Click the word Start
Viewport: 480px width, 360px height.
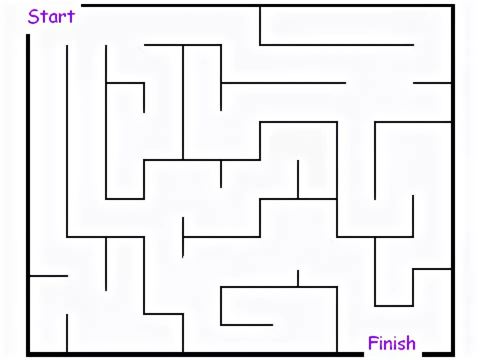click(50, 16)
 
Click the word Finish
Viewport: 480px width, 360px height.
click(391, 343)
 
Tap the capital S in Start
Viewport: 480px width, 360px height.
click(33, 17)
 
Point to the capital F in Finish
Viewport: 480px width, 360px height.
click(373, 343)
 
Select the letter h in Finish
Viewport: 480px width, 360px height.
click(409, 343)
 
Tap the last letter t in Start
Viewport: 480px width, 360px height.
click(69, 17)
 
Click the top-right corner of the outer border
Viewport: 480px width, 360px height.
click(453, 6)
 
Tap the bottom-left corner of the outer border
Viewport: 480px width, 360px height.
click(28, 354)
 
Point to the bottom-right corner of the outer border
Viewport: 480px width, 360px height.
click(453, 354)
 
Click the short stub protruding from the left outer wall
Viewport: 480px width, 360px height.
click(48, 275)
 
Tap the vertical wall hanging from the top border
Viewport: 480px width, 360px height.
click(260, 25)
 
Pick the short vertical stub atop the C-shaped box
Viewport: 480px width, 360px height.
click(298, 278)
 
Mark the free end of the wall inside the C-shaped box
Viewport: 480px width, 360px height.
click(271, 325)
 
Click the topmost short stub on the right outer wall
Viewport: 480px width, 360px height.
click(432, 83)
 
